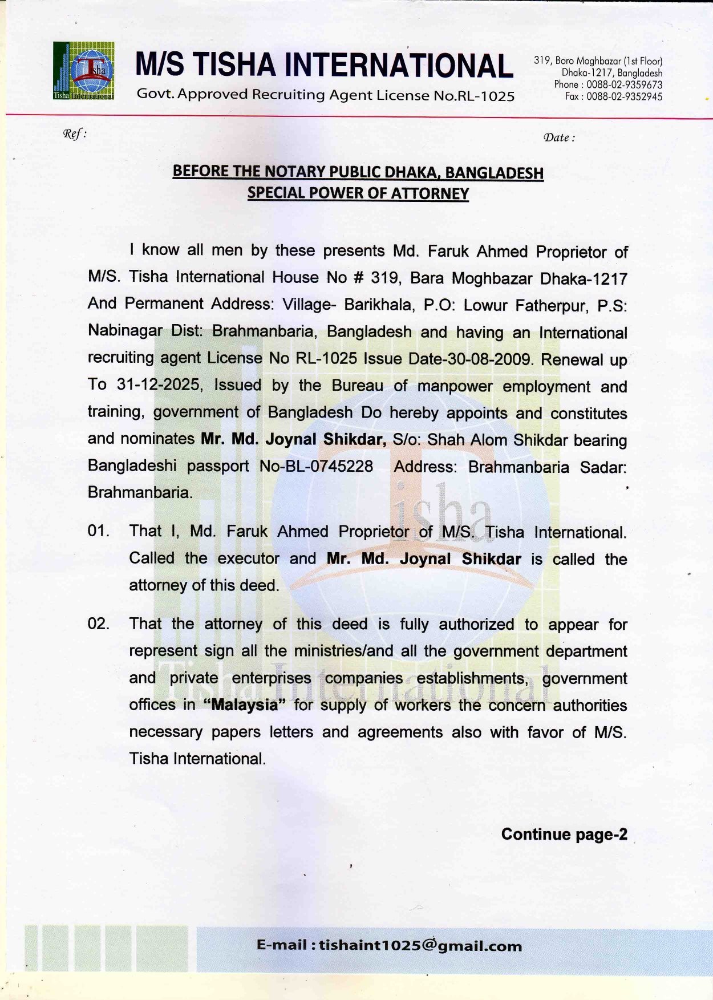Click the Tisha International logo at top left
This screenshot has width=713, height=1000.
pyautogui.click(x=83, y=71)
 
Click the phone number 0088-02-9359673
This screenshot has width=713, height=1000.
pyautogui.click(x=625, y=84)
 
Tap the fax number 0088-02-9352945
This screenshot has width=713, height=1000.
pyautogui.click(x=624, y=96)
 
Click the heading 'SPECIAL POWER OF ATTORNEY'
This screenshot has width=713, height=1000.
pyautogui.click(x=358, y=193)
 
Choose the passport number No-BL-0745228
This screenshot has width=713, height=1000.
pyautogui.click(x=316, y=466)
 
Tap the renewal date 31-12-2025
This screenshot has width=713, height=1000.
pyautogui.click(x=158, y=385)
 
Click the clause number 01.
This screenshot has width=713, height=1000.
pyautogui.click(x=98, y=531)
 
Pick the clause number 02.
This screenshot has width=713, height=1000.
pyautogui.click(x=98, y=624)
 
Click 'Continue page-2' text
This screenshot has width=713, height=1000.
pyautogui.click(x=564, y=835)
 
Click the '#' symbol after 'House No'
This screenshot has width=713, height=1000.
pyautogui.click(x=359, y=278)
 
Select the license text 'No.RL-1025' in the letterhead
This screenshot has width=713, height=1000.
pyautogui.click(x=473, y=96)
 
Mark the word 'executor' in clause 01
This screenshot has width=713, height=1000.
pyautogui.click(x=248, y=558)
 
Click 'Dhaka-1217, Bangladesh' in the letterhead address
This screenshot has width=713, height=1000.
pyautogui.click(x=611, y=73)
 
